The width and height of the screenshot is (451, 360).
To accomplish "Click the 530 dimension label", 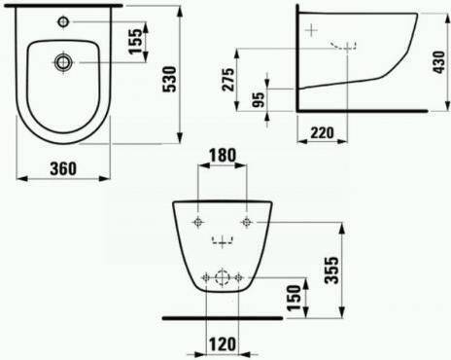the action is tap(169, 80).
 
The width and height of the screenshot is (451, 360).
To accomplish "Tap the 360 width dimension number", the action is tap(63, 168).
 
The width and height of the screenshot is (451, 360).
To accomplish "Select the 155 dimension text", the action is tap(135, 42).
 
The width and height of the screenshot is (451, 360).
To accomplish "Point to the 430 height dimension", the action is tap(439, 62).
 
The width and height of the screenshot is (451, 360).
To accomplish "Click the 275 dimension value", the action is tap(227, 80).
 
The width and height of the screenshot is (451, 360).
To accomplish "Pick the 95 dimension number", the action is tap(259, 100).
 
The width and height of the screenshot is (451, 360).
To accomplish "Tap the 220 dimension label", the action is tap(322, 132).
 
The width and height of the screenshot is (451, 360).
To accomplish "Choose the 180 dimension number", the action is tap(223, 156).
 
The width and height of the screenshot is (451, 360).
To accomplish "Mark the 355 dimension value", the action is tap(331, 270).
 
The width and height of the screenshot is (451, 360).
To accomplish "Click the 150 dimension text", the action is tap(295, 298).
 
